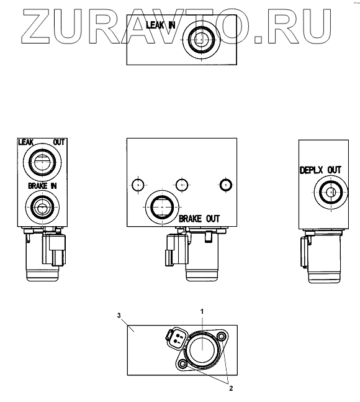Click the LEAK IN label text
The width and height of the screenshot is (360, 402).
[161, 25]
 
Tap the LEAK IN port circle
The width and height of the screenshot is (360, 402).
[202, 40]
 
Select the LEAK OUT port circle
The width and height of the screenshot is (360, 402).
[42, 162]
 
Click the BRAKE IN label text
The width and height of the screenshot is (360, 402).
[42, 186]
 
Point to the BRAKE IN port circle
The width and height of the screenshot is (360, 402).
[42, 206]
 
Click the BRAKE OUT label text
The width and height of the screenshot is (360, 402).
[199, 219]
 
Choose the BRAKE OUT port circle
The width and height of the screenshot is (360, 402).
[163, 207]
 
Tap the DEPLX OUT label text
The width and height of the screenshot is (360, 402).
[320, 170]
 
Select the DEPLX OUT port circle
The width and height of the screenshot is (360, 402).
[331, 192]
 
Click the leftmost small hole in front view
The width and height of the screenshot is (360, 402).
[138, 185]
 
